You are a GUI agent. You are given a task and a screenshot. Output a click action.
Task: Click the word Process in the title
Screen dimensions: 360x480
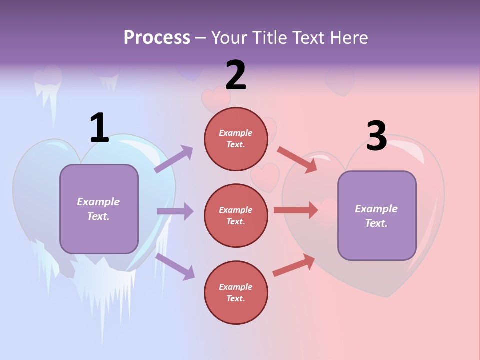(157, 37)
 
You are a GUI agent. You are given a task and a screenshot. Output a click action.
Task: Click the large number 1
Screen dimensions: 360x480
(99, 128)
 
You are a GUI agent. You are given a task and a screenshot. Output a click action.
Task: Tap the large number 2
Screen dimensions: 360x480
(236, 75)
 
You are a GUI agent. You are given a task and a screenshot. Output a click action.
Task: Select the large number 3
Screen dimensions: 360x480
(376, 136)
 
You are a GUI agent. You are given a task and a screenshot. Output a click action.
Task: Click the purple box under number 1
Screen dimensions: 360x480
(99, 209)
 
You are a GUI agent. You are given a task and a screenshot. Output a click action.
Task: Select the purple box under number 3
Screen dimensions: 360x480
(377, 215)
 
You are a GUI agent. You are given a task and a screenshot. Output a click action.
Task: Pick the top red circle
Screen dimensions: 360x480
(240, 138)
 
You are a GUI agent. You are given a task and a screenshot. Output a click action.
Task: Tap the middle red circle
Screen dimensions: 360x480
(236, 215)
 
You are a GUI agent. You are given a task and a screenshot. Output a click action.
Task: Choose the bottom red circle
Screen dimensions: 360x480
(236, 292)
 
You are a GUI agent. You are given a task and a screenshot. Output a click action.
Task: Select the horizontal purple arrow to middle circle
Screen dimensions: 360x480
(175, 211)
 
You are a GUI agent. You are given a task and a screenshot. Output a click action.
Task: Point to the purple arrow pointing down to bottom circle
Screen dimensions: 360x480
(175, 266)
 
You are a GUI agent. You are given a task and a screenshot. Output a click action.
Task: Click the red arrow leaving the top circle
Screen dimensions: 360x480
(297, 159)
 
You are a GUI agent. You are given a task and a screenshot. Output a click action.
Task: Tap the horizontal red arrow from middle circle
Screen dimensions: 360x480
(295, 210)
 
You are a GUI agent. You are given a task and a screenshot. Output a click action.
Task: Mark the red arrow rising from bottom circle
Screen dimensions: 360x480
(294, 265)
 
